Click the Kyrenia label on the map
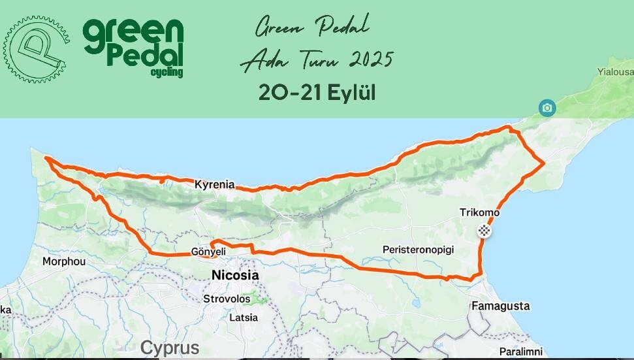click(x=214, y=185)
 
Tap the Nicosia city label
click(x=235, y=276)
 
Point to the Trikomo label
click(x=479, y=212)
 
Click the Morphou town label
click(x=63, y=261)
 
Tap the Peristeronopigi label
click(x=418, y=250)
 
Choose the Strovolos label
click(x=227, y=299)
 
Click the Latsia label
click(x=244, y=318)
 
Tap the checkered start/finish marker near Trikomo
click(x=484, y=229)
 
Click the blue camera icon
click(x=547, y=107)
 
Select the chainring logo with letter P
click(x=35, y=49)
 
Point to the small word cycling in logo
click(x=166, y=72)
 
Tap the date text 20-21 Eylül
click(x=317, y=93)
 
